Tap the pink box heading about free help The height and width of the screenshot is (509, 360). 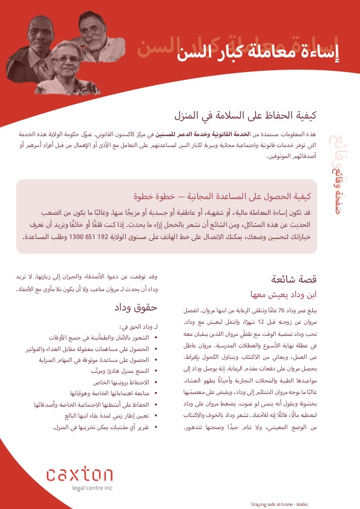click(224, 196)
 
